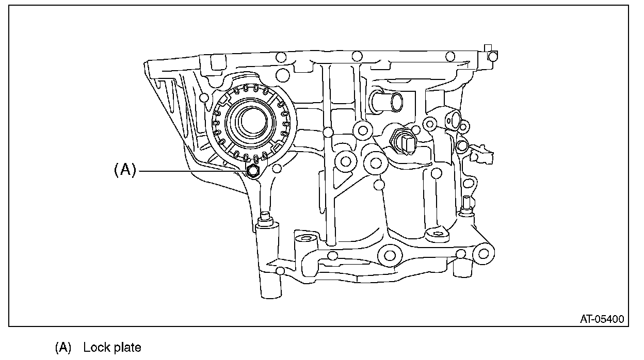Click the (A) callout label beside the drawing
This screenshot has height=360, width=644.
point(124,170)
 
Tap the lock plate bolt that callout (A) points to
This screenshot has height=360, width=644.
point(253,171)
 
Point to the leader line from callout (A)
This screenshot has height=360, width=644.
point(191,170)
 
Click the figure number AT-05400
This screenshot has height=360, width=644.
point(601,320)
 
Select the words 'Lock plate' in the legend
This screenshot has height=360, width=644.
point(112,347)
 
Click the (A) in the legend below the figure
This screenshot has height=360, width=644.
point(63,347)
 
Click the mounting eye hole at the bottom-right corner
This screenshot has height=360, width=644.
point(483,253)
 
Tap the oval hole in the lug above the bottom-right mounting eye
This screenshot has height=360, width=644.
point(438,234)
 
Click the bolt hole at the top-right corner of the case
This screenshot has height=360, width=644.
point(493,56)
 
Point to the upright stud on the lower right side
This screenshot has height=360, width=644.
point(465,204)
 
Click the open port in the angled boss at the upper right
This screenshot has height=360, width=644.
point(453,120)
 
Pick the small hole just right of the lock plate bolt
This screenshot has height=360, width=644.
point(277,168)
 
